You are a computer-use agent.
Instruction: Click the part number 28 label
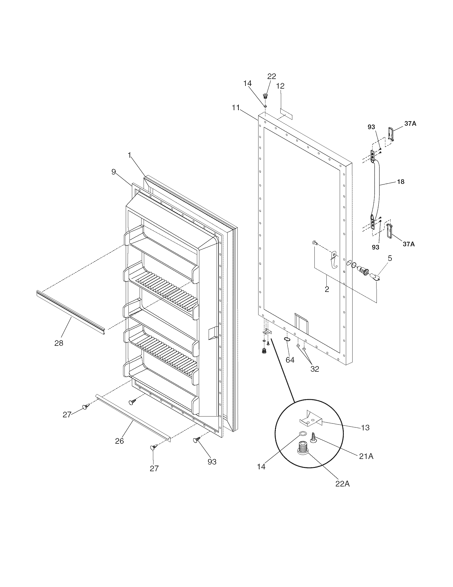pyautogui.click(x=59, y=343)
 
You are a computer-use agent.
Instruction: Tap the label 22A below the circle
pyautogui.click(x=342, y=484)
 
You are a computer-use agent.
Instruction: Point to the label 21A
pyautogui.click(x=366, y=456)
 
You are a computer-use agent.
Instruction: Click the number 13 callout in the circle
pyautogui.click(x=365, y=428)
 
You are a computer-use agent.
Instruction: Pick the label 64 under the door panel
pyautogui.click(x=290, y=360)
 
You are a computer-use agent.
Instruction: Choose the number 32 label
pyautogui.click(x=315, y=369)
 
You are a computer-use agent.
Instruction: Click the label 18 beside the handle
pyautogui.click(x=401, y=182)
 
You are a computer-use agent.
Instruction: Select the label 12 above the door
pyautogui.click(x=280, y=86)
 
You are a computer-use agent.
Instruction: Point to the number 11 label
pyautogui.click(x=236, y=108)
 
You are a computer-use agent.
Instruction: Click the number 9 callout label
pyautogui.click(x=114, y=172)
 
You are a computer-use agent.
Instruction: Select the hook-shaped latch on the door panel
pyautogui.click(x=334, y=259)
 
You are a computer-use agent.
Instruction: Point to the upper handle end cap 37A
pyautogui.click(x=391, y=134)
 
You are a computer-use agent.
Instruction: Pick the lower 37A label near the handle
pyautogui.click(x=408, y=244)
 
